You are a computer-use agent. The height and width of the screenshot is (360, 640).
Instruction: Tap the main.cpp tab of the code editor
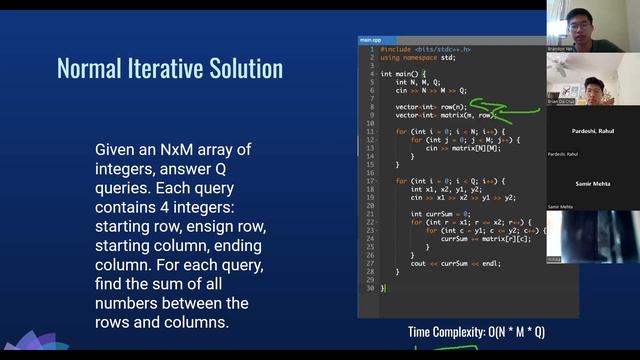click(372, 40)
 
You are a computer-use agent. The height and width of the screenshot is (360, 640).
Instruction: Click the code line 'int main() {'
click(403, 73)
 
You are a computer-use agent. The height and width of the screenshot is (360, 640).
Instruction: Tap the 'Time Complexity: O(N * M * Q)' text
click(476, 332)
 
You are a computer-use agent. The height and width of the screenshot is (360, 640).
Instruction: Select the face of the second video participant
click(593, 87)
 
